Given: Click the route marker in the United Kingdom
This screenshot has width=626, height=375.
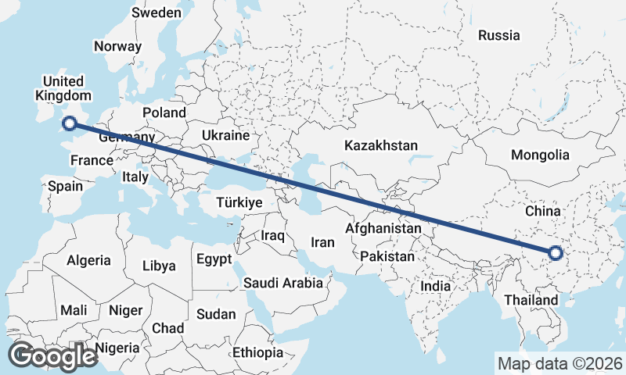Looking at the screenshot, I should [70, 123].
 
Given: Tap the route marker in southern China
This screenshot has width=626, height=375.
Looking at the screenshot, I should [556, 253].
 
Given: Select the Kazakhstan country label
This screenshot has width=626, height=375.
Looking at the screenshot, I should [381, 145].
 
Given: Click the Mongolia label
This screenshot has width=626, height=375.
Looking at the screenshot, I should [540, 155].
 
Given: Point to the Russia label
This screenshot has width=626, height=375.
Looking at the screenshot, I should [498, 35].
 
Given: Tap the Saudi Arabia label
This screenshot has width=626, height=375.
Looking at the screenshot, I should [283, 282].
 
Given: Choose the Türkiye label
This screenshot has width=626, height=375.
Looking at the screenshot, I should [239, 202].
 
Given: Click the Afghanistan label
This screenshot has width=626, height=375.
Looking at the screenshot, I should [383, 229].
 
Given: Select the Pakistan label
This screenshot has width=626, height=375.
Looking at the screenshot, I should [388, 255].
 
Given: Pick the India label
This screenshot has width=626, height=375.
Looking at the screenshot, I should [436, 286].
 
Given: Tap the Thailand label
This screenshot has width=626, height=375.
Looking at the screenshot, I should [531, 300].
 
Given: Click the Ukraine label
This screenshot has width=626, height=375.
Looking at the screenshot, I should [225, 135].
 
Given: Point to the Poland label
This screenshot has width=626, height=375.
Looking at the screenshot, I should [164, 112].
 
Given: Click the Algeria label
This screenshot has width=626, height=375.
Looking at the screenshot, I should [88, 260].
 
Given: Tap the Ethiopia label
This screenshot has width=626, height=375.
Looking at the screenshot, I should [257, 352].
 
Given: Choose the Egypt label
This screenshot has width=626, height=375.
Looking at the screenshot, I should [214, 259].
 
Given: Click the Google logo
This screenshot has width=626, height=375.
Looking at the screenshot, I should [52, 356].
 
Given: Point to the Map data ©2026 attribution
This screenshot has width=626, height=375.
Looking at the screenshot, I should [559, 363].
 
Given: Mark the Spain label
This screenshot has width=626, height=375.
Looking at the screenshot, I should [65, 187].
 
